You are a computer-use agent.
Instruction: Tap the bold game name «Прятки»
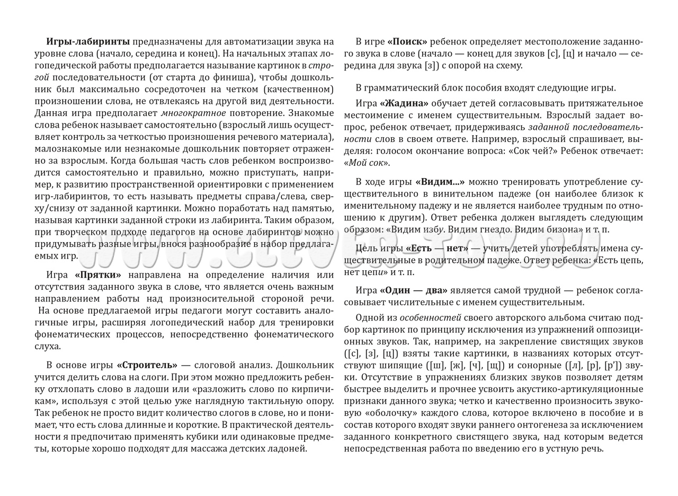(x=98, y=275)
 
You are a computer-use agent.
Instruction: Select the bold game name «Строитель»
(x=147, y=365)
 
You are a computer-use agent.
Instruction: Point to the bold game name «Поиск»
(x=407, y=42)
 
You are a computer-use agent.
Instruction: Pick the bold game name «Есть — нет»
(x=438, y=249)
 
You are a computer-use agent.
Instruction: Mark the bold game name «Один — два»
(x=414, y=290)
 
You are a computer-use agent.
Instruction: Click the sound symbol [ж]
(x=455, y=365)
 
